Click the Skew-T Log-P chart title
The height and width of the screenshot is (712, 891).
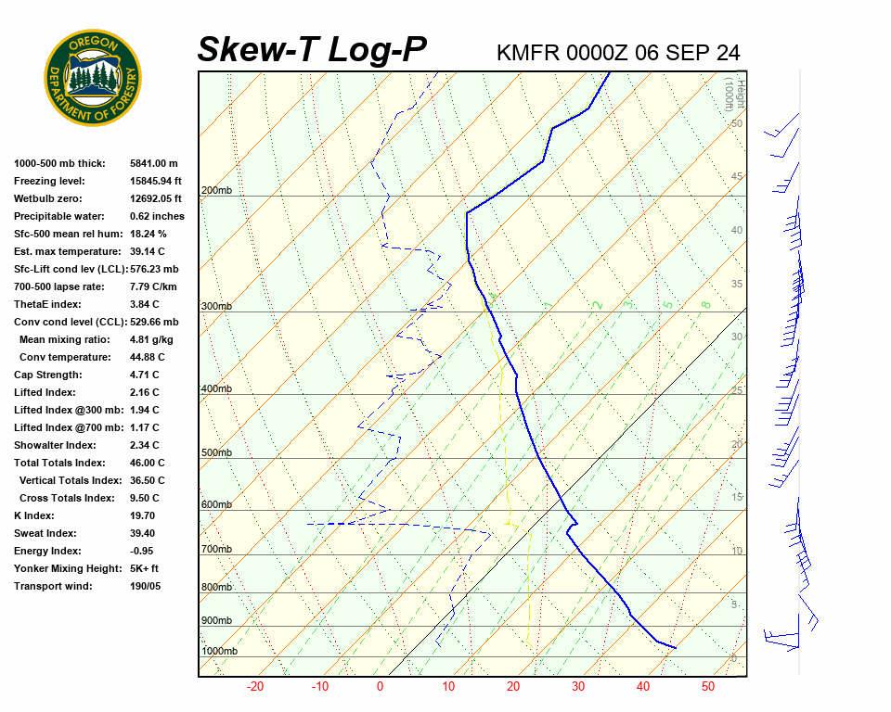tap(312, 49)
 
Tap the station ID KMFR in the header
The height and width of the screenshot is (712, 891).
tap(526, 52)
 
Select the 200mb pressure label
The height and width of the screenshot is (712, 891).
tap(216, 191)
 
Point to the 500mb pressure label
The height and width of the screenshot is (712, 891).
tap(216, 452)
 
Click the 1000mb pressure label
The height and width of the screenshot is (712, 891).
tap(219, 651)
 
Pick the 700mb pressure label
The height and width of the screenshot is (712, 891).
tap(216, 549)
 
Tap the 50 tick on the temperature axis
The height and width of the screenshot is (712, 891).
tap(708, 687)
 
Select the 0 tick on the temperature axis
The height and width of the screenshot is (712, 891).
tap(380, 687)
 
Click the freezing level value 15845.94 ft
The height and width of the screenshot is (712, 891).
tap(156, 181)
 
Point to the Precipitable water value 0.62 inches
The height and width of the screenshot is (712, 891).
tap(157, 216)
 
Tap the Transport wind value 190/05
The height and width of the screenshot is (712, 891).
tap(145, 586)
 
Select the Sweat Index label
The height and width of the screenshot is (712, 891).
tap(45, 533)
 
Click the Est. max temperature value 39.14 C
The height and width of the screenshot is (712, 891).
tap(148, 251)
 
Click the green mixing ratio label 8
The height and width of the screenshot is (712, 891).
tap(705, 304)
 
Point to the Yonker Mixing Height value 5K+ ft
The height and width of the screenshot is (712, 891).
tap(145, 568)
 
